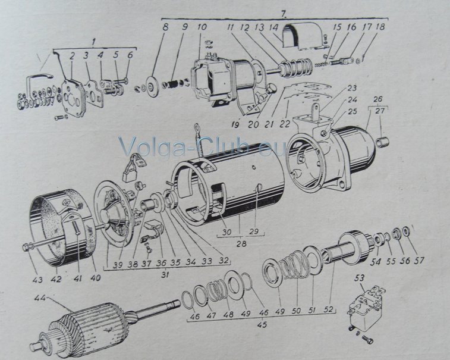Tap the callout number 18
(x=380, y=27)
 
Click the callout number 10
(x=202, y=27)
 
